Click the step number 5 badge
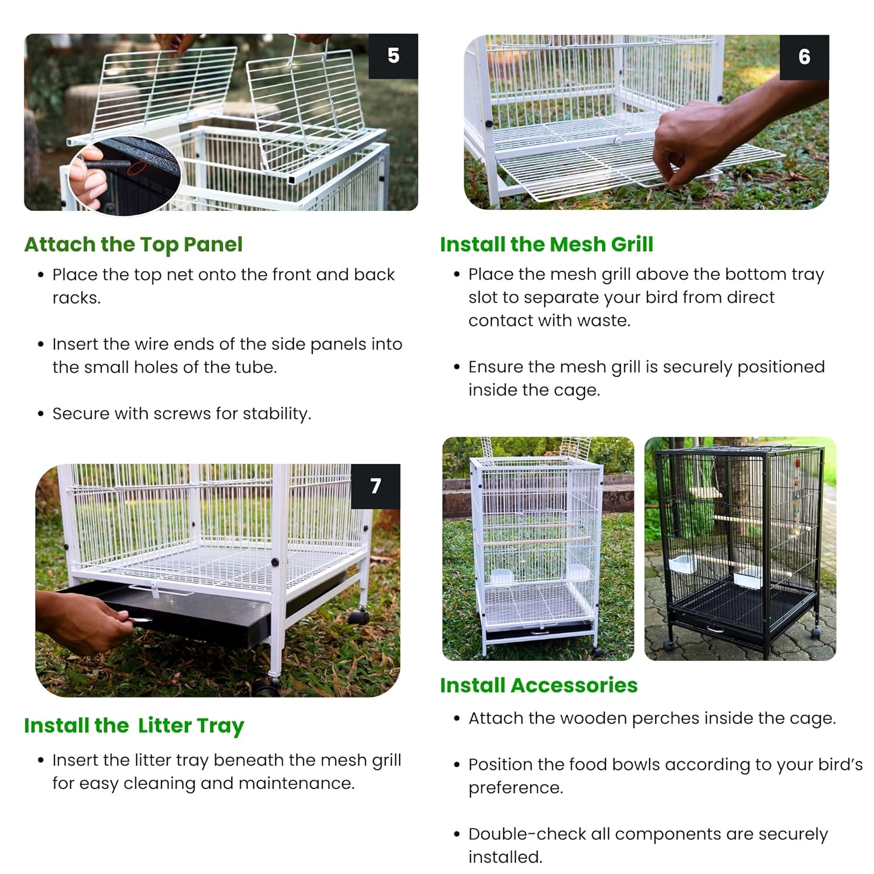tap(393, 56)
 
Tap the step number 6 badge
tap(804, 57)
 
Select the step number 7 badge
tap(375, 486)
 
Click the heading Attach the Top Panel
tap(133, 245)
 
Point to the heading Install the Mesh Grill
tap(547, 244)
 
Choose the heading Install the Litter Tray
tap(134, 726)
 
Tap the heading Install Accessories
tap(539, 685)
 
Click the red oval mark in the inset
tap(137, 168)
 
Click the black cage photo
tap(740, 548)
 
